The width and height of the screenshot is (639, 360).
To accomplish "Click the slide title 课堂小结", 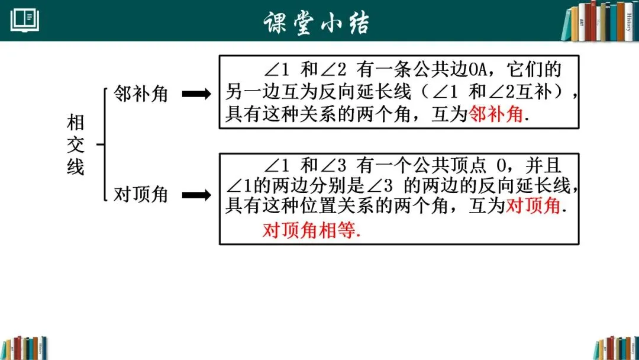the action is click(318, 21).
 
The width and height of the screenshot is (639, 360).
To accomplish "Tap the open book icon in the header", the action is click(25, 21).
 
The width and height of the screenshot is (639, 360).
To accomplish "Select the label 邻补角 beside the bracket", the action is click(141, 94).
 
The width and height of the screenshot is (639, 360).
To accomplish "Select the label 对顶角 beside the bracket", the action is click(141, 194).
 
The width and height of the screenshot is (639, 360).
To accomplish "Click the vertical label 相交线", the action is click(76, 145).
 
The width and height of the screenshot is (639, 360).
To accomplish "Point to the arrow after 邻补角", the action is click(195, 94).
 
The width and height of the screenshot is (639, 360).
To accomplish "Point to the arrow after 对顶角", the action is click(195, 195).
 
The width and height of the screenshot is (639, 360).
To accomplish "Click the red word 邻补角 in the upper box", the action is click(496, 114).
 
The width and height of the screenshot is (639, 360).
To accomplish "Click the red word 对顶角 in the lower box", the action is click(532, 206).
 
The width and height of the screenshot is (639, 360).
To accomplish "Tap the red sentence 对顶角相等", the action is click(311, 230).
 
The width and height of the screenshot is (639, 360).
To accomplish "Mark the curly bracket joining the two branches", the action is click(104, 144).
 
